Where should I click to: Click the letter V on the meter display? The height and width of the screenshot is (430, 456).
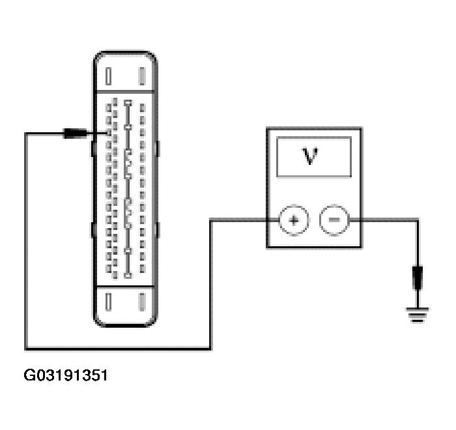[x=311, y=157]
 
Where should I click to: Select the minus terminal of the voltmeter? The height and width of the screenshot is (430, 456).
[x=334, y=220]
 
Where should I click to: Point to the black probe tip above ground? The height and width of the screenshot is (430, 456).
[x=418, y=279]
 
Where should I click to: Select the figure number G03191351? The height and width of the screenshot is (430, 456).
[x=66, y=376]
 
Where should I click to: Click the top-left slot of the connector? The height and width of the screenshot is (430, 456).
[x=109, y=77]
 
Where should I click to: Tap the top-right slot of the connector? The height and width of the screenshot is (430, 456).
[x=141, y=77]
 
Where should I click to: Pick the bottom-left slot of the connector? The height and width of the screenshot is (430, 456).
[x=109, y=302]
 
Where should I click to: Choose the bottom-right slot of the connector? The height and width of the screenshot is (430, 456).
[x=141, y=302]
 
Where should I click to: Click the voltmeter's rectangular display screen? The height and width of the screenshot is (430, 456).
[x=314, y=156]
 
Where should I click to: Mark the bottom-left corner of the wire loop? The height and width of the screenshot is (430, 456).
[x=26, y=348]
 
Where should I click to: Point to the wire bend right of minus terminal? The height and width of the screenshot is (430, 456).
[x=418, y=220]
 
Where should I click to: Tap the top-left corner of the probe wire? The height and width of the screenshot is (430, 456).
[x=26, y=134]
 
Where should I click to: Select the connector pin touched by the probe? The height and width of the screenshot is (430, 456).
[x=109, y=134]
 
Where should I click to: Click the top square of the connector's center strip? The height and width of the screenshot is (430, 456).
[x=128, y=103]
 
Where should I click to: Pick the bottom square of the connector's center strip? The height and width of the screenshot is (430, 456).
[x=128, y=276]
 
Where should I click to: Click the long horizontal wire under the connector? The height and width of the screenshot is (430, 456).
[x=117, y=348]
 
